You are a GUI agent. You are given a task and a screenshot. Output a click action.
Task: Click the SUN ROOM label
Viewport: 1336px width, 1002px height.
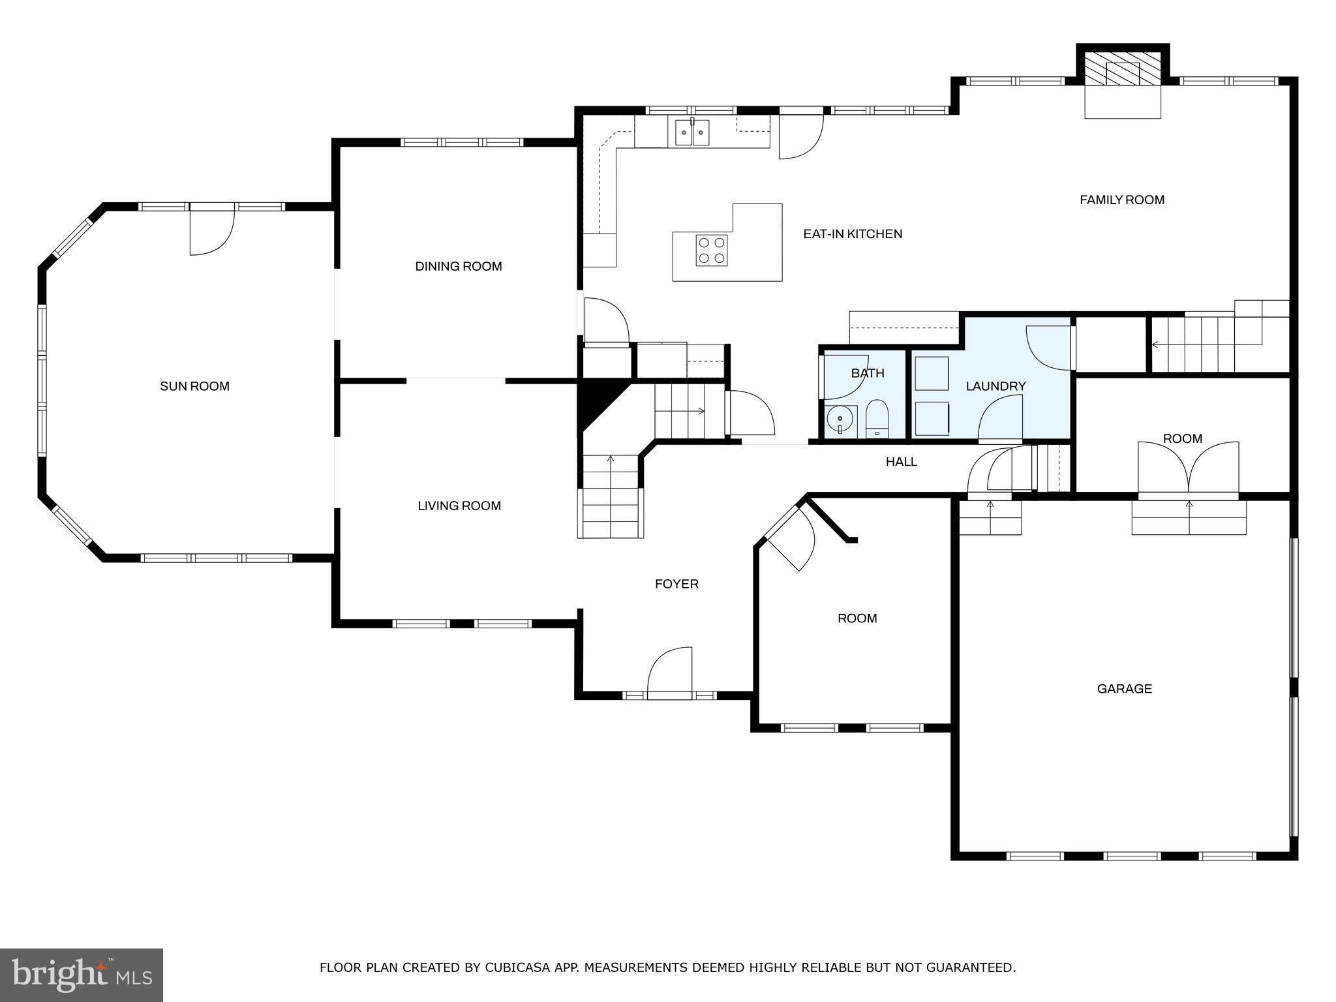[x=194, y=386]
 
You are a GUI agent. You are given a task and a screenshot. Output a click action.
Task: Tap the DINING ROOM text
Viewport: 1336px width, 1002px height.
[x=458, y=266]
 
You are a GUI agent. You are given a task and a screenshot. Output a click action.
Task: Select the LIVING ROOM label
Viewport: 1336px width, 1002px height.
[x=459, y=506]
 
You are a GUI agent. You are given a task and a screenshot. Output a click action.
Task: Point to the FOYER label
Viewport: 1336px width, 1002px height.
[x=676, y=584]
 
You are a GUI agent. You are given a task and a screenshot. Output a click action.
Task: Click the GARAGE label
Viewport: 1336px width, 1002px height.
[x=1124, y=688]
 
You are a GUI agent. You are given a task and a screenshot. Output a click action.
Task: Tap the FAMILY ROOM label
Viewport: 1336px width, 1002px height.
[x=1121, y=200]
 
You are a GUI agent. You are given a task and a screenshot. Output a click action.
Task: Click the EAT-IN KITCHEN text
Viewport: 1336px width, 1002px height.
[x=852, y=234]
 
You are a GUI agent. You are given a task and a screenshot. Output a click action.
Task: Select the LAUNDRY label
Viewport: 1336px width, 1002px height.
[x=995, y=386]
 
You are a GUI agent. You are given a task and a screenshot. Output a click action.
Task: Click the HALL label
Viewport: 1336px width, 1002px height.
[x=901, y=462]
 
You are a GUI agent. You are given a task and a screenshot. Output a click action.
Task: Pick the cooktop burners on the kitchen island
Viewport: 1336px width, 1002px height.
[x=711, y=250]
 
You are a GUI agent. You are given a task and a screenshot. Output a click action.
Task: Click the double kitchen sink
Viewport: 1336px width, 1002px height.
[x=692, y=133]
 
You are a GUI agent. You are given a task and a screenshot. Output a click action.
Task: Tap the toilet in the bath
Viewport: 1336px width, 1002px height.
[x=877, y=419]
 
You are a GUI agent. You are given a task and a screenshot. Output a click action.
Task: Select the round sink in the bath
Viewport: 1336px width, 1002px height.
[x=840, y=417]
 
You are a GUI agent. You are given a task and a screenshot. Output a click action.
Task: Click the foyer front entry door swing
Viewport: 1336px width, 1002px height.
[x=670, y=672]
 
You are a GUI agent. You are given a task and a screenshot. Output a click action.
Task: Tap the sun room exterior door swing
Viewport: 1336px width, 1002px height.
[x=211, y=232]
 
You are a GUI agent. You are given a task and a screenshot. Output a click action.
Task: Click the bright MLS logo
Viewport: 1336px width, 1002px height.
[x=81, y=975]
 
